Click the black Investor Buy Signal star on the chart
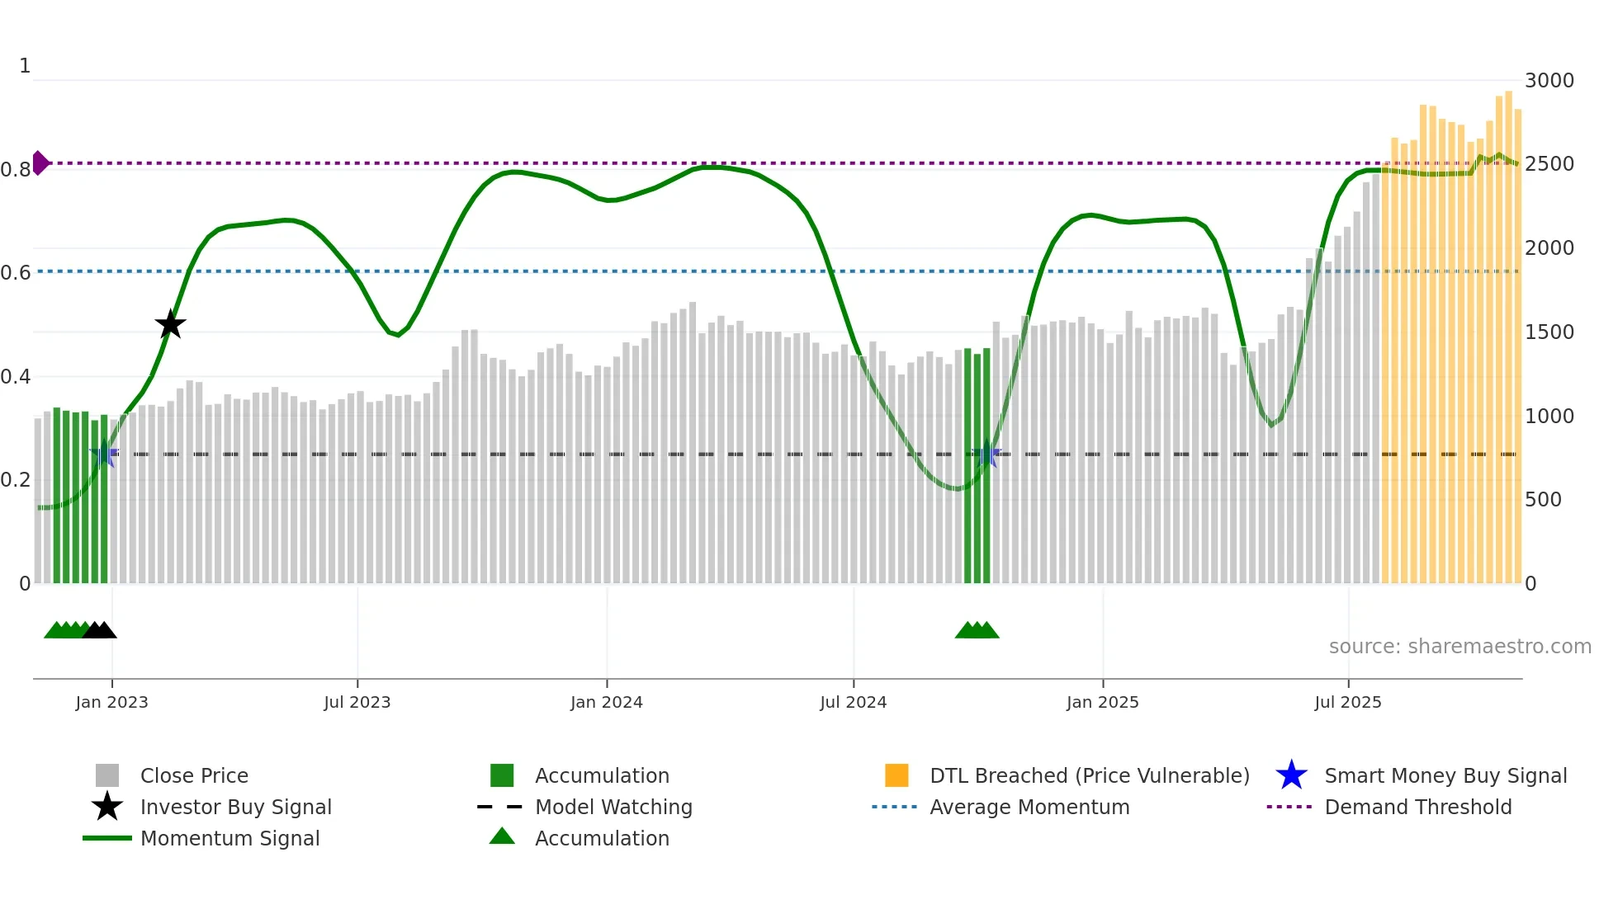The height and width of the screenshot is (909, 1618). tap(170, 325)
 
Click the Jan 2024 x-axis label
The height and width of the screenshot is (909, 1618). tap(606, 703)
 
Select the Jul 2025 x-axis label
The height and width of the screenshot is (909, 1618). tap(1347, 703)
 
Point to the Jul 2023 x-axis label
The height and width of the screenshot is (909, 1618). tap(357, 703)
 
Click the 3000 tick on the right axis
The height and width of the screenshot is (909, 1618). tap(1549, 81)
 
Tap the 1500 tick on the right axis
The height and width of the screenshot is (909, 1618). tap(1549, 332)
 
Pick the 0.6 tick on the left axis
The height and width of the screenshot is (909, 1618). tap(16, 273)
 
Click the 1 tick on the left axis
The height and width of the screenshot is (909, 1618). tap(25, 66)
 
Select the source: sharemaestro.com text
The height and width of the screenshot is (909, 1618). tap(1460, 647)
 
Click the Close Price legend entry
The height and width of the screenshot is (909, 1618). tap(194, 776)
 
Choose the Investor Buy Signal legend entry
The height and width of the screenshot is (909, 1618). tap(235, 808)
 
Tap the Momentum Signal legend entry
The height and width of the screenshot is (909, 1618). tap(229, 839)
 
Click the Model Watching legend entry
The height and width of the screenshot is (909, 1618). tap(613, 808)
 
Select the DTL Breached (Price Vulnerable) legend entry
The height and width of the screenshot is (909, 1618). tap(1089, 776)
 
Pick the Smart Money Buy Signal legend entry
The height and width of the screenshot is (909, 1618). tap(1445, 776)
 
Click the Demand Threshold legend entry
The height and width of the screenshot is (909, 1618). tap(1417, 808)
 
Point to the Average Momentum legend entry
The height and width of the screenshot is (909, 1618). tap(1029, 808)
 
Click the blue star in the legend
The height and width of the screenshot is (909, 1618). tap(1291, 776)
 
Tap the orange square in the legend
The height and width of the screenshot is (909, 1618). tap(897, 776)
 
